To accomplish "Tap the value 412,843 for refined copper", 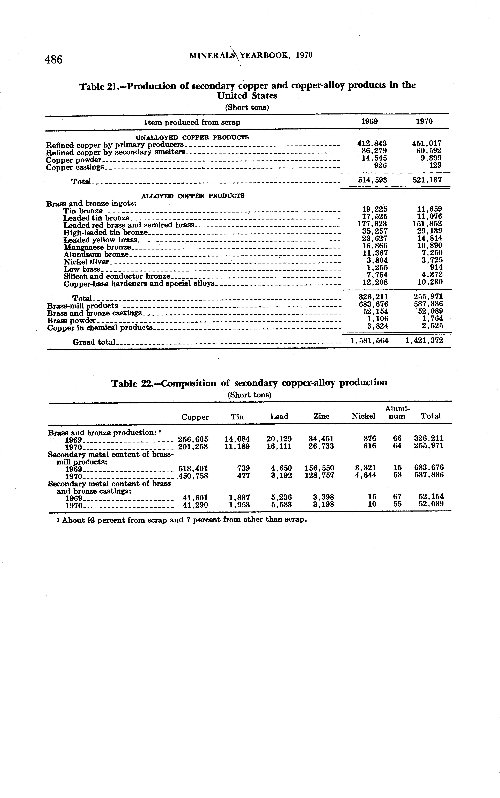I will pos(372,143).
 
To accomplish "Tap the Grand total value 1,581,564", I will pos(369,341).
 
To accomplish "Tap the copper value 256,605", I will pos(193,439).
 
